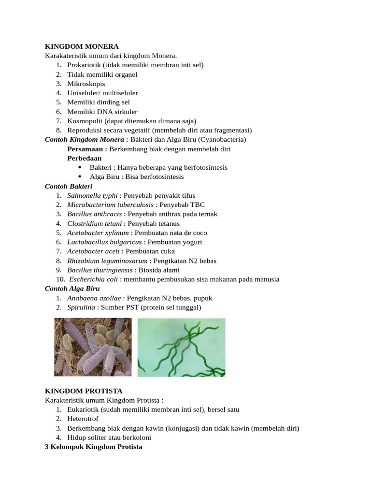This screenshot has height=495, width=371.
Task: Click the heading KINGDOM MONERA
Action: [82, 46]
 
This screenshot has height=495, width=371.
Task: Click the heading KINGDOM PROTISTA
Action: [84, 391]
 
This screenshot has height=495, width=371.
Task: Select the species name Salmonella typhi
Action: [92, 195]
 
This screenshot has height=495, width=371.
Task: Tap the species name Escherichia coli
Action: [94, 279]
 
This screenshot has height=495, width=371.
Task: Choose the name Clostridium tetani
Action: [95, 223]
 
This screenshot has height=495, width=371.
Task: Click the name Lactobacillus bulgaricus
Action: [104, 242]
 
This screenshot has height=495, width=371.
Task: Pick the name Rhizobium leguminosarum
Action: [107, 261]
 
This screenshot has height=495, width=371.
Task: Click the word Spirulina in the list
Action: [81, 307]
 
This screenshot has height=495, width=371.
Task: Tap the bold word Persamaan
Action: [86, 149]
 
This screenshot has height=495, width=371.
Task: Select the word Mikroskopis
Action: [86, 84]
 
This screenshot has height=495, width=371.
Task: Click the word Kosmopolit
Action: [84, 121]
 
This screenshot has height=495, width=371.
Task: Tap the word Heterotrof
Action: [84, 419]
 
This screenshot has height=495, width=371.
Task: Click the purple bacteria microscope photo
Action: [93, 347]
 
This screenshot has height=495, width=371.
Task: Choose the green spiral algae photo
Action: [181, 347]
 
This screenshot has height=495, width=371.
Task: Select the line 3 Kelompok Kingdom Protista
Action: [94, 447]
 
